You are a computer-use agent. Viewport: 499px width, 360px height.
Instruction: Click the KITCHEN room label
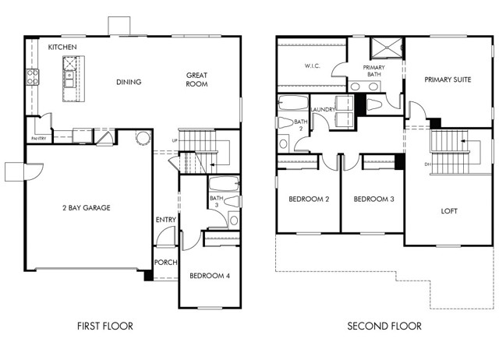62,47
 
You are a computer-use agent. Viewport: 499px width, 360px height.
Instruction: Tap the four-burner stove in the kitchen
33,77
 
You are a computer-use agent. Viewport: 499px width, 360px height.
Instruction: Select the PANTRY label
38,139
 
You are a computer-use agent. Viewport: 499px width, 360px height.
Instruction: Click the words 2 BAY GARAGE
87,208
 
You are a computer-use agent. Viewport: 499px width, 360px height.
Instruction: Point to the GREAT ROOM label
196,79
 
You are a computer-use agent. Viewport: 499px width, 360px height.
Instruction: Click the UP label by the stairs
175,140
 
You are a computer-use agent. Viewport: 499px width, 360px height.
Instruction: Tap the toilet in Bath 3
232,201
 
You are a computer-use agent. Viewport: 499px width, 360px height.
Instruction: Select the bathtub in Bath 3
224,184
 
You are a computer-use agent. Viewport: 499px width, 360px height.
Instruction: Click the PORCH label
165,263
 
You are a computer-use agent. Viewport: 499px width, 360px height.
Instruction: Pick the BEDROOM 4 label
210,275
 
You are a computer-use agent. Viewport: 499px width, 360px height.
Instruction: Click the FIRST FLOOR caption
105,326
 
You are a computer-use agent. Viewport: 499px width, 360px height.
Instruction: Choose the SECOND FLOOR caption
384,326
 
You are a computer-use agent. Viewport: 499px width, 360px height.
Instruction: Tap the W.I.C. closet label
312,65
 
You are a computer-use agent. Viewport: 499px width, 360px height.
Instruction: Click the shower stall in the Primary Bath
387,48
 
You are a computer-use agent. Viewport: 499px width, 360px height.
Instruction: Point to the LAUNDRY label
323,109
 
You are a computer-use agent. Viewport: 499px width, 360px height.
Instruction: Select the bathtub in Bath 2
293,102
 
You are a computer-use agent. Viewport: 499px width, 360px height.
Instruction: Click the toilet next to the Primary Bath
374,104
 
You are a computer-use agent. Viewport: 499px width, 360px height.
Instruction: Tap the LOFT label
449,211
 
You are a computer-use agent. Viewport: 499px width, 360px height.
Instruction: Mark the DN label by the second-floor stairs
427,164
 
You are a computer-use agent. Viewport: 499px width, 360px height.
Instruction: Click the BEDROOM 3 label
374,199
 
